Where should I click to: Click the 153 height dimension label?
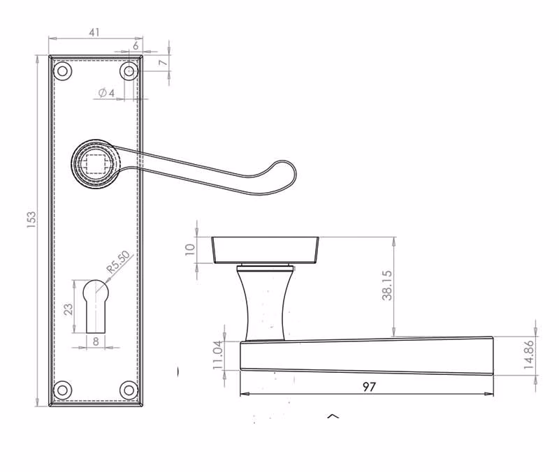[x=31, y=220]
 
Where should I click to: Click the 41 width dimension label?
[x=94, y=32]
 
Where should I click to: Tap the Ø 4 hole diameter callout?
[x=107, y=93]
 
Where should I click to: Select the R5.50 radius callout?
[x=119, y=262]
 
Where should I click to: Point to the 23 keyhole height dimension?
[x=68, y=309]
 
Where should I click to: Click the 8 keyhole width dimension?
[x=96, y=341]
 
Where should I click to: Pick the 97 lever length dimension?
[x=369, y=387]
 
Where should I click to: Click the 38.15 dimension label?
[x=387, y=286]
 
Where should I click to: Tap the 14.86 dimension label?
[x=529, y=355]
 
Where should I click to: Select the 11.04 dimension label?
[x=217, y=355]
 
